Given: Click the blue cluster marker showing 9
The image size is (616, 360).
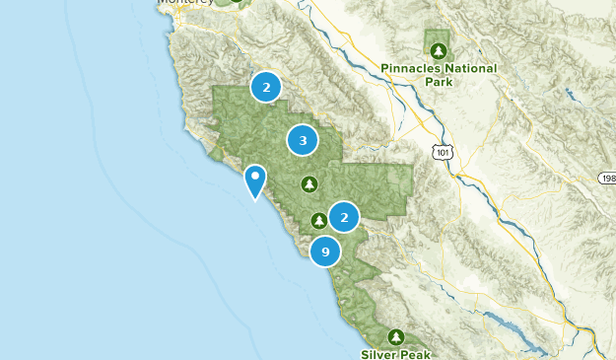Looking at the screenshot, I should coord(325,252).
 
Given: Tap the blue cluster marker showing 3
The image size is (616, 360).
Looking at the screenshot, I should coord(303,141).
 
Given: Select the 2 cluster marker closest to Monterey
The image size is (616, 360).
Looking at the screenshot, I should coord(265,87).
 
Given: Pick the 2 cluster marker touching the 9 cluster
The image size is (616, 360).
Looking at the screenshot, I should coord(344,217).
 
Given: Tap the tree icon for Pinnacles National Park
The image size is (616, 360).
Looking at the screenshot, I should coord(438,49).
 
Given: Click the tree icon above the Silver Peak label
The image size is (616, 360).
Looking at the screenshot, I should coord(396,336).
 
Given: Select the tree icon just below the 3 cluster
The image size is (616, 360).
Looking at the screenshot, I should coord(309,183).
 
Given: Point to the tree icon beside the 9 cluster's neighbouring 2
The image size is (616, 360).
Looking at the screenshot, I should coord(319,220).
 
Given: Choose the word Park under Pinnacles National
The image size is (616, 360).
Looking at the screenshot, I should coord(439,82).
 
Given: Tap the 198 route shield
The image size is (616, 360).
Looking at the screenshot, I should coord(607,179).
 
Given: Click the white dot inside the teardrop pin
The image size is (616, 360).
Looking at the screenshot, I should coord(255,177).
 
